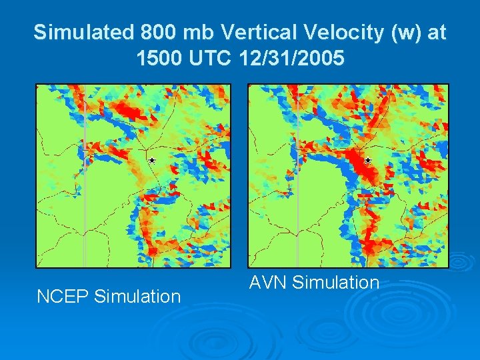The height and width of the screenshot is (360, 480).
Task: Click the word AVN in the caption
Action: pos(268,283)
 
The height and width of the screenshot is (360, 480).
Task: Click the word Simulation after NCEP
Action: pos(139,296)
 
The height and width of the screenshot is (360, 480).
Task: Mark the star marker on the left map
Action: pos(152,161)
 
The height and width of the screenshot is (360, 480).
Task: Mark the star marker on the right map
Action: pos(367,161)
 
